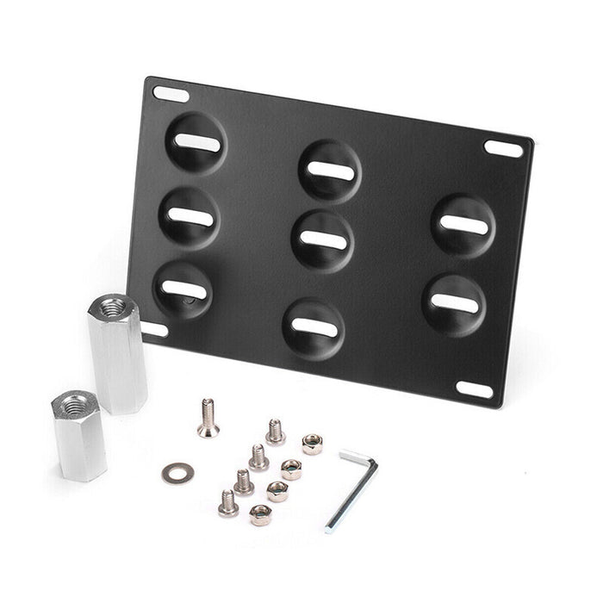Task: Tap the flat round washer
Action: [177, 472]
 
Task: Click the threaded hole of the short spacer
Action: [74, 401]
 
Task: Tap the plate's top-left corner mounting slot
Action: [171, 94]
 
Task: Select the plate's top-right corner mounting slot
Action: [503, 147]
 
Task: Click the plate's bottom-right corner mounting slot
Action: [475, 389]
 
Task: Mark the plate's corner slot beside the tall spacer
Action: [153, 328]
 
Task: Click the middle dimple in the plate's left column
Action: [190, 217]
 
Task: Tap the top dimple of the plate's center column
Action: [330, 171]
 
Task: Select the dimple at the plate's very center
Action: [322, 239]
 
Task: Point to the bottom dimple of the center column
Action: [314, 328]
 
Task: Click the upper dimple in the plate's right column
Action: [463, 226]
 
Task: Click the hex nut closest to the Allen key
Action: [312, 444]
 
